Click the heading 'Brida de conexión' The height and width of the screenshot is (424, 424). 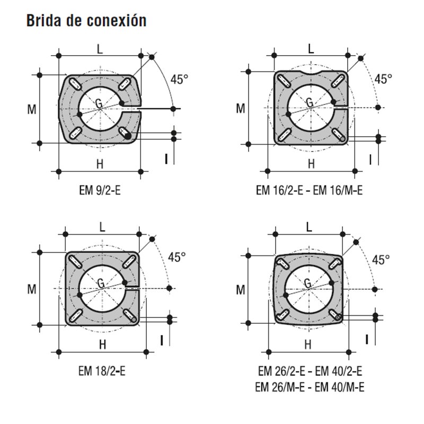point(86,21)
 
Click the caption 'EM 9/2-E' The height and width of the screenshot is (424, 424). point(100,190)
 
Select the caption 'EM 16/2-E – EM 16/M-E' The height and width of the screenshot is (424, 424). point(309,190)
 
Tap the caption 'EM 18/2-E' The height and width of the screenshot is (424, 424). point(102,371)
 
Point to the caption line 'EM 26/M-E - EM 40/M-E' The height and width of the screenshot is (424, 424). point(310,387)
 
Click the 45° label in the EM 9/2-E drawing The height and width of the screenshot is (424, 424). point(179,79)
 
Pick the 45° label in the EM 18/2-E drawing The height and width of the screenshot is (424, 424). point(177,257)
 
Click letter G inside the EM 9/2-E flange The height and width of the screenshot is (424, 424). point(99,103)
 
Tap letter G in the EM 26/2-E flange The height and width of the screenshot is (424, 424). point(308,284)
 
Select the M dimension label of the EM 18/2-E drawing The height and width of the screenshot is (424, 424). point(32,289)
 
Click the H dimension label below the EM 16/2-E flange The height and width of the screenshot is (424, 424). point(311,164)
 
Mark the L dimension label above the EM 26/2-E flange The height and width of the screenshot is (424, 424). point(309,227)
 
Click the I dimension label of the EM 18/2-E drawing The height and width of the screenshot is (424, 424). point(162,340)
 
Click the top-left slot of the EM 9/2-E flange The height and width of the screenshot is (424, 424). point(75,84)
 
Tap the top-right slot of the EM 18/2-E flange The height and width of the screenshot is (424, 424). point(129,261)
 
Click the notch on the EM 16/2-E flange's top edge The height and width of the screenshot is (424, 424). point(311,73)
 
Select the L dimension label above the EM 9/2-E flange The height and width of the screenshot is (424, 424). point(100,49)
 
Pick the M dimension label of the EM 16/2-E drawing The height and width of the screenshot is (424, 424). point(241,109)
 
